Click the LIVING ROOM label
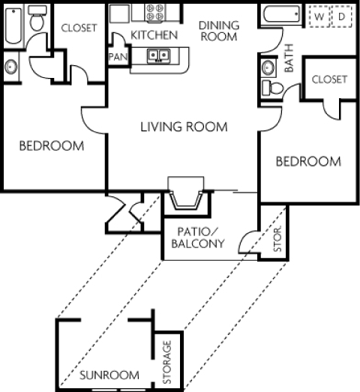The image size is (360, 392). tap(184, 127)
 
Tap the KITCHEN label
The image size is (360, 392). tap(154, 35)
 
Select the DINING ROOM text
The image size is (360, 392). tap(219, 31)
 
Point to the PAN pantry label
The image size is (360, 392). tap(118, 57)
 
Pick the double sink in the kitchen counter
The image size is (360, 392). tap(157, 55)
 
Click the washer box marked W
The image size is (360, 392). tap(320, 16)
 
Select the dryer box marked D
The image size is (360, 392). tap(341, 16)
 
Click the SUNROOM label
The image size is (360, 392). tap(109, 375)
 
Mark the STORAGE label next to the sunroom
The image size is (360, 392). tap(167, 362)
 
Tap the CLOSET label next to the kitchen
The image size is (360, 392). tap(79, 28)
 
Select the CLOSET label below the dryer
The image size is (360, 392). tap(329, 79)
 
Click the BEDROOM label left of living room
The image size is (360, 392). tap(51, 145)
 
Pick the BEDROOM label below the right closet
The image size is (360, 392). tap(307, 161)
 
